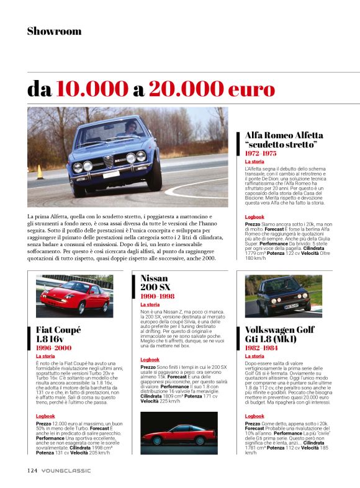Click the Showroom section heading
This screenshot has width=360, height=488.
coord(54,31)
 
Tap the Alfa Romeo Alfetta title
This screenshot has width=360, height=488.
coord(284,140)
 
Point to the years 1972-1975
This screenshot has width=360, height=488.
coord(261,153)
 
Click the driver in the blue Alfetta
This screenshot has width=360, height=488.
coord(131,128)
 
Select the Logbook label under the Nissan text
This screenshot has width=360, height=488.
coord(150,360)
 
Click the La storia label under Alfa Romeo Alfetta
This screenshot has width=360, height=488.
coord(254,161)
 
